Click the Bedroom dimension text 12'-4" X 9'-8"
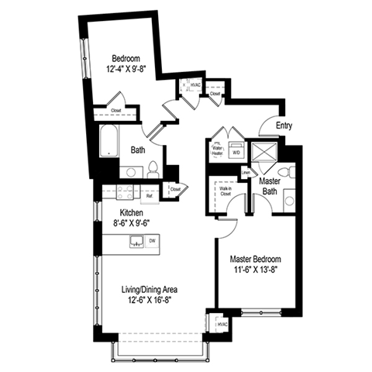point(126,68)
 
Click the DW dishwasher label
point(152,242)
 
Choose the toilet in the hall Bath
point(153,167)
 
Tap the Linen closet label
point(245,172)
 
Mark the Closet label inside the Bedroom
point(116,110)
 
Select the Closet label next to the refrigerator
point(175,188)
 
